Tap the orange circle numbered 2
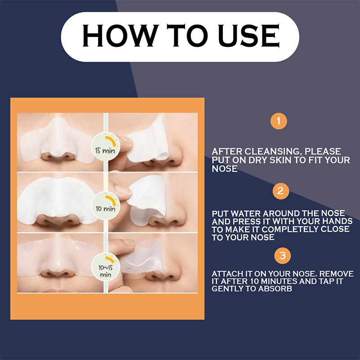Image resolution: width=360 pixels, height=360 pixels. (280, 191)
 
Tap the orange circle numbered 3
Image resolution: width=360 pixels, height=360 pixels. (282, 256)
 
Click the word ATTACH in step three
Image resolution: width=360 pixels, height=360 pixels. (227, 274)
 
